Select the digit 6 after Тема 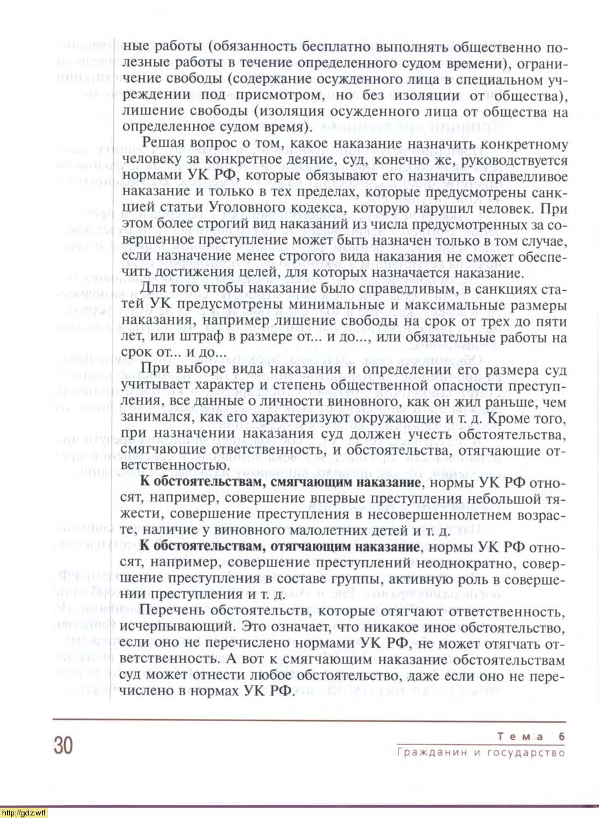click(x=560, y=737)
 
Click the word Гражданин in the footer click(x=426, y=753)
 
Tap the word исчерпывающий click(x=178, y=627)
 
